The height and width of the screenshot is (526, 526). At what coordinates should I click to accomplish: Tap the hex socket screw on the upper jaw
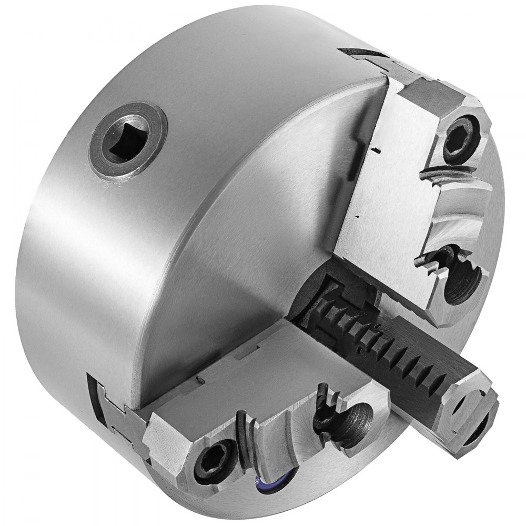click(461, 138)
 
